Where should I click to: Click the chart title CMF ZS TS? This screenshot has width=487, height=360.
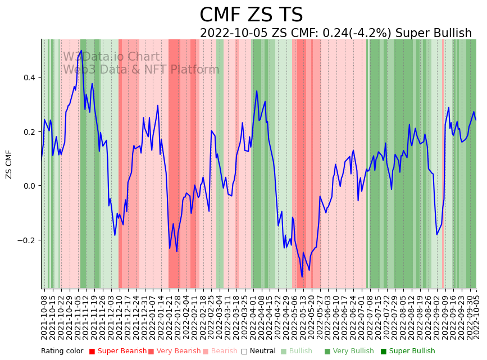point(251,15)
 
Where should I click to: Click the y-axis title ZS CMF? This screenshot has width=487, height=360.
point(9,164)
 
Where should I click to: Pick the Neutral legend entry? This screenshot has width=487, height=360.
point(259,352)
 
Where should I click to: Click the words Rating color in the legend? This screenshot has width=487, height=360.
point(62,352)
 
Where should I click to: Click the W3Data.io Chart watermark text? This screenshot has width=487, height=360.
point(111,57)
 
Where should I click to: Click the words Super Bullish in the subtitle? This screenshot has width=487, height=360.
point(433,33)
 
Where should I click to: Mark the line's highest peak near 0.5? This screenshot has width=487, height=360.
point(81,51)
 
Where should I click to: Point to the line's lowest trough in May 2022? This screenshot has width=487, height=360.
point(302,277)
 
